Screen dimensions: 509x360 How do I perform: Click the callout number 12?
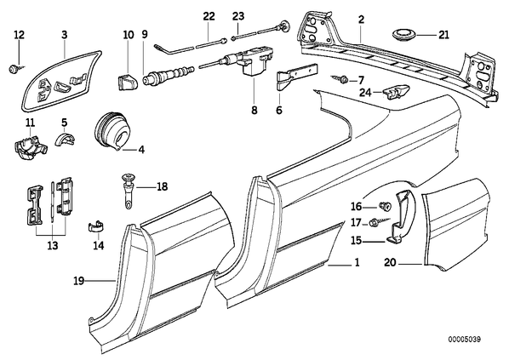(20, 34)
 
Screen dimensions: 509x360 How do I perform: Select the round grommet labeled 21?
(402, 35)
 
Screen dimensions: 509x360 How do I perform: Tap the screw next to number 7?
(340, 78)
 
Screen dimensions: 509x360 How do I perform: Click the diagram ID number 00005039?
(465, 340)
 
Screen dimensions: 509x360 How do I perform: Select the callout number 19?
(79, 281)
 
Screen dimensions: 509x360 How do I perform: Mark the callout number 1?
(357, 262)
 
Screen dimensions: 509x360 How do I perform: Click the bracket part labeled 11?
(30, 148)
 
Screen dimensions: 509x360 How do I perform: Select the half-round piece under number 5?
(66, 140)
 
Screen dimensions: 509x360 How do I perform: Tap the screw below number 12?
(15, 69)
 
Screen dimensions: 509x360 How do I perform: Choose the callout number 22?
(209, 16)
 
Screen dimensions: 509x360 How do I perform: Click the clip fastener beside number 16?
(385, 205)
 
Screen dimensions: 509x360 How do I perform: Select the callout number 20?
(390, 262)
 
